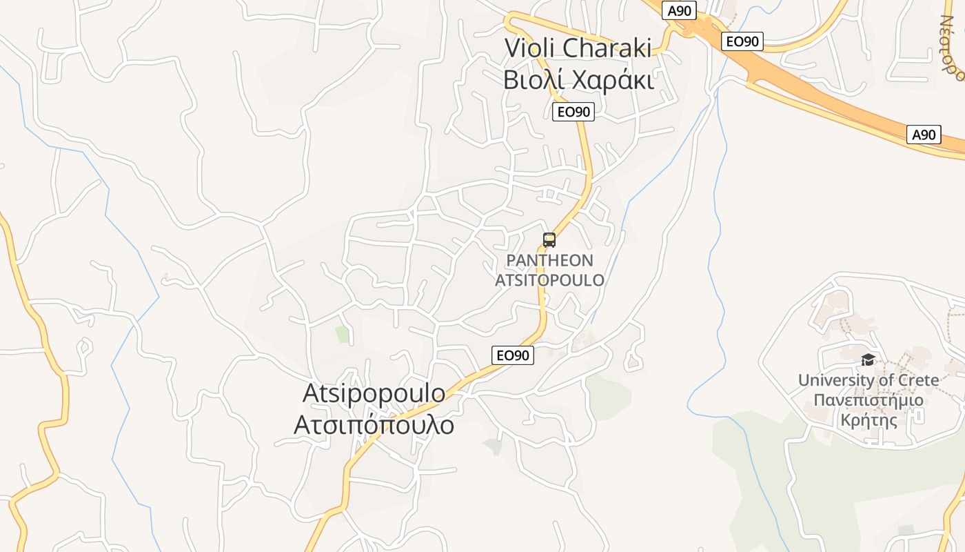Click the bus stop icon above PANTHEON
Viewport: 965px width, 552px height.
549,240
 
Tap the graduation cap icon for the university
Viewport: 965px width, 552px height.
868,359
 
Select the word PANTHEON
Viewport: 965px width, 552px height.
549,261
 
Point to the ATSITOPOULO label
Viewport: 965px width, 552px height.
549,280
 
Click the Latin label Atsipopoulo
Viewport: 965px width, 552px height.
374,393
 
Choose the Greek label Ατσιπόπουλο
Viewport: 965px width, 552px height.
374,425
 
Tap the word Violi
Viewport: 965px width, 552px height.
530,48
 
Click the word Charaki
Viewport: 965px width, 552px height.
607,48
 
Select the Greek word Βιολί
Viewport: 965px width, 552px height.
529,80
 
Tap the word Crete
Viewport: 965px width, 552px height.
917,380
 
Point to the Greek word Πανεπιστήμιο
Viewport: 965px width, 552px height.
868,400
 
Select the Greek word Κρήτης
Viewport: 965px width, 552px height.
868,420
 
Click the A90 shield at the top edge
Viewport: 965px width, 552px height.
680,10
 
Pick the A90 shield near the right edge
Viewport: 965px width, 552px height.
924,135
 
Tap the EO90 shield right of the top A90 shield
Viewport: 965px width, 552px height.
742,41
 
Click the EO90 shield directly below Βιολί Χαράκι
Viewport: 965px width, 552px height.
573,112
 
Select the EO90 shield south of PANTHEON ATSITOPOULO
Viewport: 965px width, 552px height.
513,355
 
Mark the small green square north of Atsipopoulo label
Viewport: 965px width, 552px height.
343,335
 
